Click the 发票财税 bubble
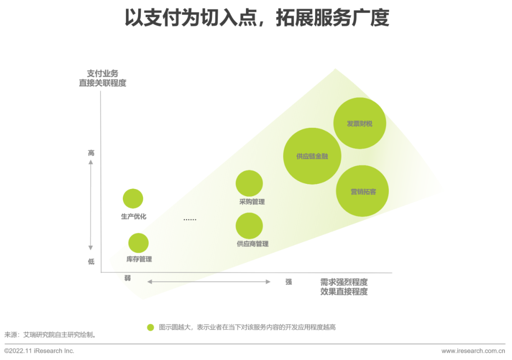click(360, 124)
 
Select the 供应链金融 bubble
click(312, 156)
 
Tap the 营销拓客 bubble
click(363, 191)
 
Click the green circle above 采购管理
click(249, 183)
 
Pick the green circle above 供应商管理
click(249, 225)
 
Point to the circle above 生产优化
click(133, 198)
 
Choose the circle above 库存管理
click(138, 243)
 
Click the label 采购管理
click(252, 202)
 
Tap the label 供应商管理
click(252, 244)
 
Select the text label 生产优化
click(134, 216)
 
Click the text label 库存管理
click(139, 259)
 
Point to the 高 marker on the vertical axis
click(91, 153)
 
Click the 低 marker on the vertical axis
click(91, 261)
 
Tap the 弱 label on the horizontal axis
click(128, 278)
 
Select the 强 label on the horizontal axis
click(288, 281)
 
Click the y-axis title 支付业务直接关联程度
click(102, 78)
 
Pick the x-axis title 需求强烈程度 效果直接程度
click(344, 287)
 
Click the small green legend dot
click(150, 327)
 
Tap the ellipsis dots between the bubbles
click(190, 220)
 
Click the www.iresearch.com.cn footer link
click(473, 351)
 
